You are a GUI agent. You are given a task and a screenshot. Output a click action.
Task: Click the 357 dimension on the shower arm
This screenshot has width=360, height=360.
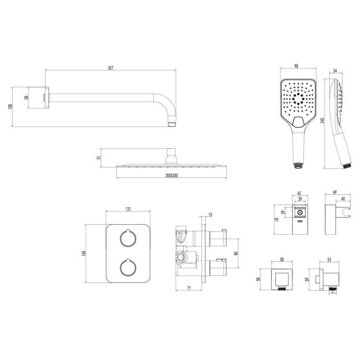(x=111, y=68)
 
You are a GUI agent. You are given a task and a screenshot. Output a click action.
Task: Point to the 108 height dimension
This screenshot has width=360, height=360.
(x=10, y=107)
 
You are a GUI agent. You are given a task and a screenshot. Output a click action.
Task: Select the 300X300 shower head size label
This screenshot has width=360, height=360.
(x=171, y=175)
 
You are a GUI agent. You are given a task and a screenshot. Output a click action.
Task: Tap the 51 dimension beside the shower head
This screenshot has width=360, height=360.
(x=99, y=158)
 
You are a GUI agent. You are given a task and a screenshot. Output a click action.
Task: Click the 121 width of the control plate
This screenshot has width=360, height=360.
(x=128, y=209)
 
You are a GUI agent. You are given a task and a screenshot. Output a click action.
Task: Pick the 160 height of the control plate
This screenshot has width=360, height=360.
(x=84, y=253)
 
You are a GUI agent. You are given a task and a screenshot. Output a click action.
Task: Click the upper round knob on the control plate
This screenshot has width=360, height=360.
(x=128, y=238)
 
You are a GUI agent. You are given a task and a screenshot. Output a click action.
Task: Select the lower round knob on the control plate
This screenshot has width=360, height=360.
(x=128, y=267)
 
